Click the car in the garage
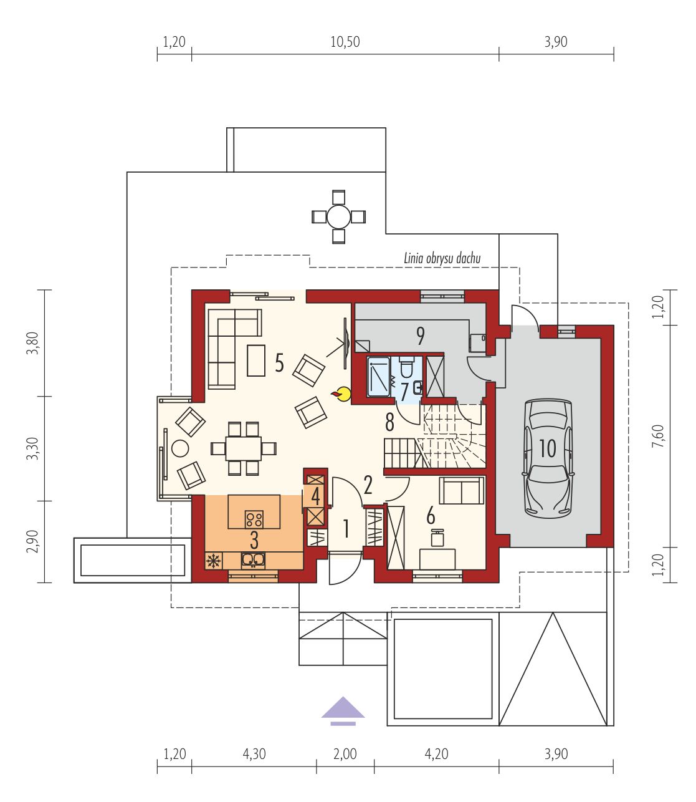pyautogui.click(x=548, y=458)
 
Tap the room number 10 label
pyautogui.click(x=548, y=448)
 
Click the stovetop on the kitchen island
pyautogui.click(x=254, y=519)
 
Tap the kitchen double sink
pyautogui.click(x=253, y=560)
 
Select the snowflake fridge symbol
pyautogui.click(x=213, y=561)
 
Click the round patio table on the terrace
pyautogui.click(x=338, y=216)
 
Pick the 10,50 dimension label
pyautogui.click(x=345, y=42)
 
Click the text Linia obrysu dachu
pyautogui.click(x=442, y=258)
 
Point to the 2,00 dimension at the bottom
pyautogui.click(x=345, y=754)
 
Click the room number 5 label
pyautogui.click(x=279, y=362)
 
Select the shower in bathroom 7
pyautogui.click(x=379, y=376)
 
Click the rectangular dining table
pyautogui.click(x=243, y=449)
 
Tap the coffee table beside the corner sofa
pyautogui.click(x=256, y=360)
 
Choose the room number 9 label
pyautogui.click(x=420, y=336)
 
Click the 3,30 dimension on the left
pyautogui.click(x=32, y=448)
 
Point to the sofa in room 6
pyautogui.click(x=461, y=490)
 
